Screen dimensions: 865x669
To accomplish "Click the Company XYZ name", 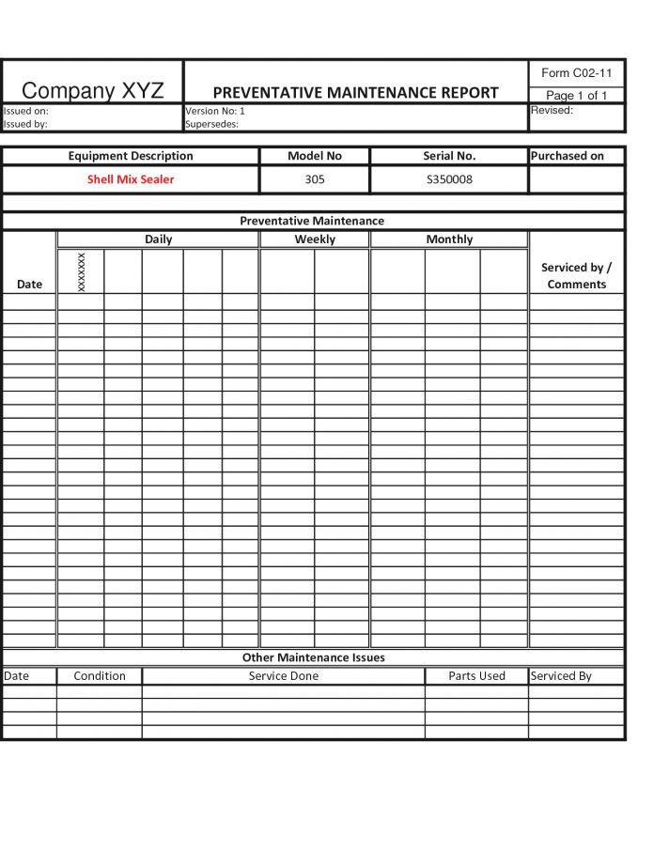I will tap(92, 91).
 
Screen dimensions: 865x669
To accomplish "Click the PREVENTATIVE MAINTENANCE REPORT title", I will tap(355, 93).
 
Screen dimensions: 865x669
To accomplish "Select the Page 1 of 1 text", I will tap(577, 95).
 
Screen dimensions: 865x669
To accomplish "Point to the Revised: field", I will tap(552, 111).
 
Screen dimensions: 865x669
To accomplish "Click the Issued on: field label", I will tap(26, 111).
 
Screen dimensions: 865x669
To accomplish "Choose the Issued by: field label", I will tap(25, 124).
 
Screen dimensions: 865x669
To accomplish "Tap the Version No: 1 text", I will tap(215, 111).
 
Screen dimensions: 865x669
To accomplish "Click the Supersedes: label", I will tap(212, 124).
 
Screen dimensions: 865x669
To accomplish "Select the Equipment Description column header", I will tap(131, 156).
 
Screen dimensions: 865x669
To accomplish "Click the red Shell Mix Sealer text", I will tap(131, 179).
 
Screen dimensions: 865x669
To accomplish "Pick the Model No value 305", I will tap(315, 179).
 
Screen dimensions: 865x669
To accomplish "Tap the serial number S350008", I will tap(449, 179).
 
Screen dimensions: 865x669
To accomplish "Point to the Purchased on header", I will tap(568, 156).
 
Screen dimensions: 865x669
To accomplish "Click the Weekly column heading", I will tap(315, 239).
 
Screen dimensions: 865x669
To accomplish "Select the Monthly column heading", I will tap(449, 239).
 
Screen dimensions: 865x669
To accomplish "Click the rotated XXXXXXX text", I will tap(82, 271).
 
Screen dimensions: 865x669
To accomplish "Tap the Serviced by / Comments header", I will tap(576, 275).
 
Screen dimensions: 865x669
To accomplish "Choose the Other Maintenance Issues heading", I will tap(313, 657).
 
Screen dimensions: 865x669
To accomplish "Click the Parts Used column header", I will tap(476, 676).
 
